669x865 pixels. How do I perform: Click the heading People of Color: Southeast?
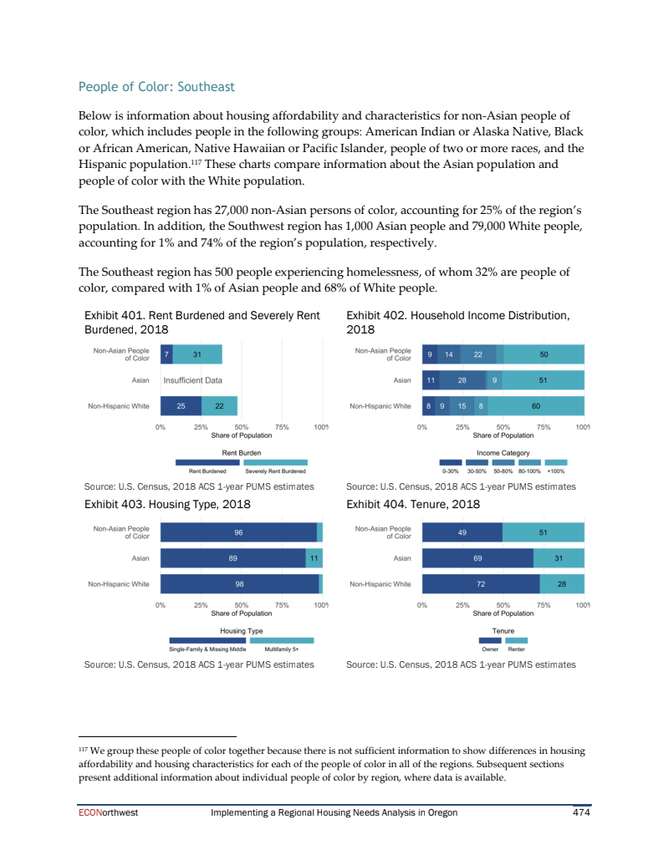pos(156,87)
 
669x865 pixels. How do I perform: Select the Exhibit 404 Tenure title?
pos(413,505)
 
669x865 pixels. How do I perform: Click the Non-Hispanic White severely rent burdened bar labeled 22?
pos(219,406)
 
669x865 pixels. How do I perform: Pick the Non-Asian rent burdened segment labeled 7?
pos(166,354)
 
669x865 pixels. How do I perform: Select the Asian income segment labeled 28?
pos(462,380)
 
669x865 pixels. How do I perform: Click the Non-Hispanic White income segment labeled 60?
pos(535,406)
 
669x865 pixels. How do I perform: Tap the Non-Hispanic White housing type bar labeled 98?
pos(239,584)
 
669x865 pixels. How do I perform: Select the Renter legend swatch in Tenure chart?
pos(516,640)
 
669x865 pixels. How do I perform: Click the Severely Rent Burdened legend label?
pos(280,471)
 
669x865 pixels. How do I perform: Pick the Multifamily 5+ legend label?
pos(281,649)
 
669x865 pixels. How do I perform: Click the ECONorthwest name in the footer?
pos(102,812)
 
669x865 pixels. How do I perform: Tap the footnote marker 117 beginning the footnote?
pos(82,750)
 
